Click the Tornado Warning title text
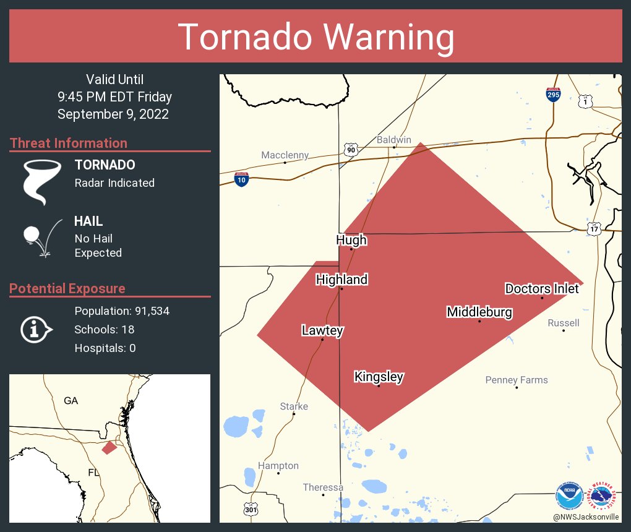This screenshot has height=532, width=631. coord(315,37)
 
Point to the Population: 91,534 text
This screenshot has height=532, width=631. coord(122,311)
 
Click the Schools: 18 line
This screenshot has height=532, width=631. coord(104,329)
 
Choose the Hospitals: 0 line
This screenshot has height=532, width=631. coord(105,348)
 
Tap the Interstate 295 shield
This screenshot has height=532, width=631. coord(554,94)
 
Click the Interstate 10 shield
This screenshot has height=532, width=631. coord(241,179)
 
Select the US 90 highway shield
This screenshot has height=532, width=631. coord(351,149)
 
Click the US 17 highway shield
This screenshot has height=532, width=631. coord(595,228)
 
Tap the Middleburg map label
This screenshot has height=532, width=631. coord(479,312)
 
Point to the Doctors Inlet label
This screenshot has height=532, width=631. coord(542,288)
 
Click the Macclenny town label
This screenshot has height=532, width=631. coord(285,155)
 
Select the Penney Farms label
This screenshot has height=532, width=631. coord(517,380)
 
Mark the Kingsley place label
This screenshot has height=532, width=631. coord(379,376)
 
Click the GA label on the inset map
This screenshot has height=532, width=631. coord(71,401)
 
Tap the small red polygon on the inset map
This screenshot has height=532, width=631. coord(109,447)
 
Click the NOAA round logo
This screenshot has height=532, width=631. coord(569,496)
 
